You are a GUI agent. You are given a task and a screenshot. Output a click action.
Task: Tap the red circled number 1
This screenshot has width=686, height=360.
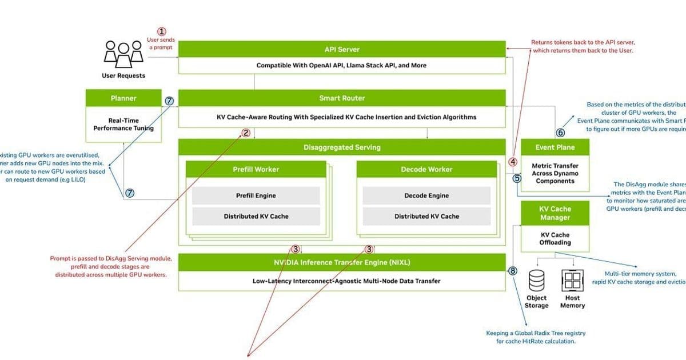pos(162,32)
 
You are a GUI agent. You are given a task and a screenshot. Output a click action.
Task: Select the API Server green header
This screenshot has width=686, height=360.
pos(342,49)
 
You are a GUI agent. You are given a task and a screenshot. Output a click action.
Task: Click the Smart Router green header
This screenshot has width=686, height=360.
pos(342,98)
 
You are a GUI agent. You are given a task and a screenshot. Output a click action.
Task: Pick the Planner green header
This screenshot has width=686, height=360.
pos(123,98)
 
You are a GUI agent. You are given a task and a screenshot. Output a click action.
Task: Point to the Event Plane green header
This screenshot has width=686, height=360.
pos(555,147)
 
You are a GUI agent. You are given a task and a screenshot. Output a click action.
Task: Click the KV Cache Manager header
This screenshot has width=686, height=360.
pos(555,213)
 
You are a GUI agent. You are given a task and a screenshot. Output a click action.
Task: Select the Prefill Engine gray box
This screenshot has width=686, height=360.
pos(256,195)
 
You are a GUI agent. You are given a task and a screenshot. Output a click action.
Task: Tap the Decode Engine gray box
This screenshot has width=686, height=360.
pos(426,195)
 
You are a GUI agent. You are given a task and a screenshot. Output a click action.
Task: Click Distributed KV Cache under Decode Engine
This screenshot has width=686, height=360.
pos(426,217)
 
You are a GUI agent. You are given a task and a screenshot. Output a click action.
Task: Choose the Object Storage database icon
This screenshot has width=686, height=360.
pos(536,281)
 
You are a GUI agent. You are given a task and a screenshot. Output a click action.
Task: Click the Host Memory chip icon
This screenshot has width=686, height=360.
pos(572,281)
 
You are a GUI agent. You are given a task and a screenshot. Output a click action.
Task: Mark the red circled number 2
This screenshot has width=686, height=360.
pos(246,133)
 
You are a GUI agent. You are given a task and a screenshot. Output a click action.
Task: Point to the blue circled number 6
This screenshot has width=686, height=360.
pos(561,133)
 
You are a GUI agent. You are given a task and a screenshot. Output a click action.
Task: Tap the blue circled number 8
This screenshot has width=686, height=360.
pos(513,271)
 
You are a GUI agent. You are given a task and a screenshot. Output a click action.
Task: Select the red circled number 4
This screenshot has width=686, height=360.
pos(513,162)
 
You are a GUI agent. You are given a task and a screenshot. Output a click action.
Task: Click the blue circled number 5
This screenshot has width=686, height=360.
pos(517,178)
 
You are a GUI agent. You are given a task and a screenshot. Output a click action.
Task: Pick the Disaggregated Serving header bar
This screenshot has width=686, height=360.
pos(342,147)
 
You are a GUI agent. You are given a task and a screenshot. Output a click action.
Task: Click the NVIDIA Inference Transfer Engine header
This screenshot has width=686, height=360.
pos(342,263)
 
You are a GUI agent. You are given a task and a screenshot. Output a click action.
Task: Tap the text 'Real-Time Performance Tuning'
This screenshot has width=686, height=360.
pos(123,125)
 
